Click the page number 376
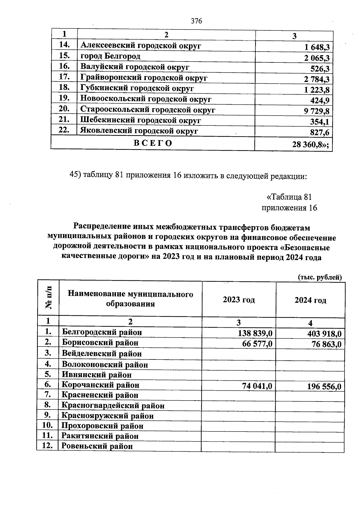point(196,21)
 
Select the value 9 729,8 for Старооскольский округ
point(316,111)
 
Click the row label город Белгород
point(110,56)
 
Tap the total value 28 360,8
point(310,145)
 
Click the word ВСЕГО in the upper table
point(153,143)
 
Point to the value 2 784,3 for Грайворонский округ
point(316,80)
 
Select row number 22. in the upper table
point(64,130)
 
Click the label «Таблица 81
point(289,197)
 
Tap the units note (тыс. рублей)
point(320,277)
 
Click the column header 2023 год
point(239,300)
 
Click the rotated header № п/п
point(48,298)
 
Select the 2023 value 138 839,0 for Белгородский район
point(255,333)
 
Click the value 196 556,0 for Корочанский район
point(324,386)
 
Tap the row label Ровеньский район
point(97,446)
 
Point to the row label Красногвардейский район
point(113,406)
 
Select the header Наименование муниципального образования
point(130,299)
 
